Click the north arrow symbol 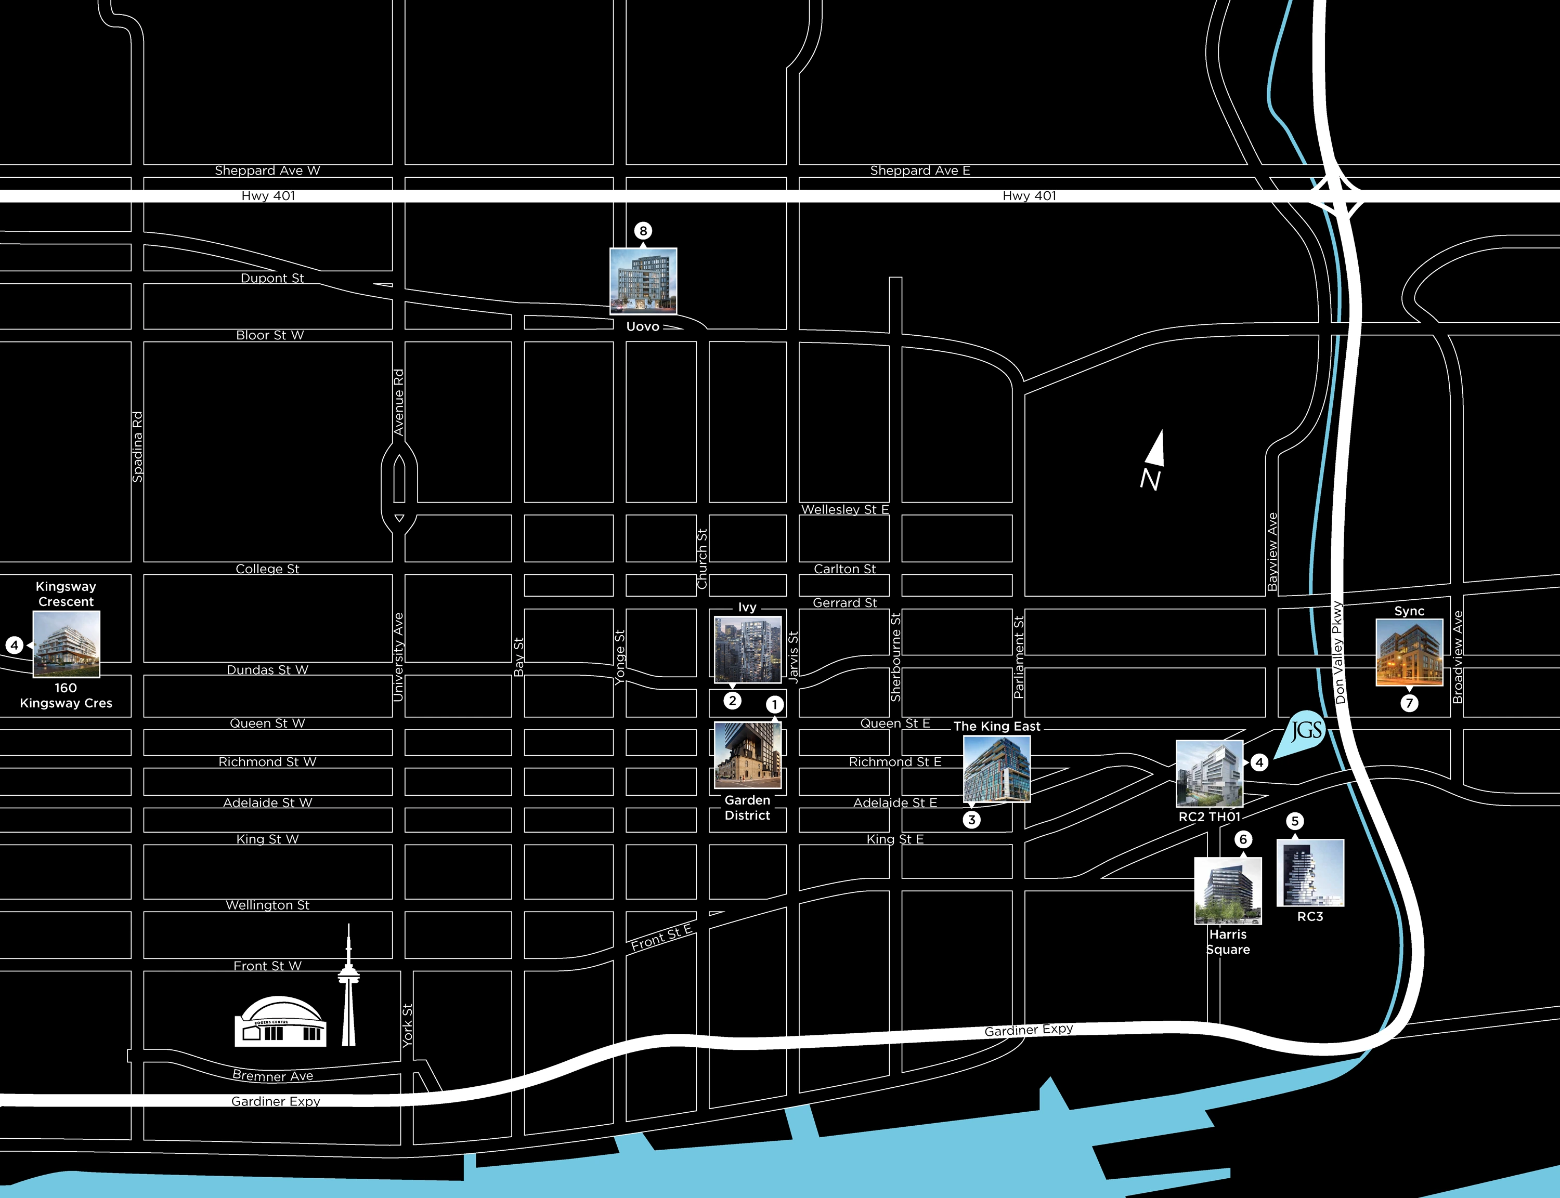[1154, 460]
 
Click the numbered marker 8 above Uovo [643, 230]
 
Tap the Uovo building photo [643, 281]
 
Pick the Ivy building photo [748, 650]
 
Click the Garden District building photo [748, 755]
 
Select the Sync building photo [1409, 652]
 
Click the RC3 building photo [1310, 873]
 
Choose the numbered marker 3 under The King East [971, 819]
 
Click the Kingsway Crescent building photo [67, 644]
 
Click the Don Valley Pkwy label [1339, 652]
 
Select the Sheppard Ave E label [919, 170]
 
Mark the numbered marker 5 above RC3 [1295, 821]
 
